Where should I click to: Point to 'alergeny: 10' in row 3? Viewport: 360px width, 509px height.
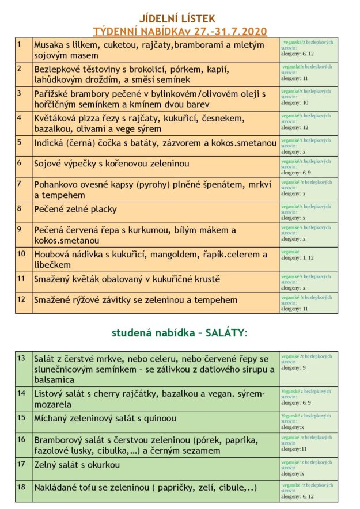[294, 103]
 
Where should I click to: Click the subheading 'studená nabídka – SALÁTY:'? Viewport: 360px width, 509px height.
[179, 333]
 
